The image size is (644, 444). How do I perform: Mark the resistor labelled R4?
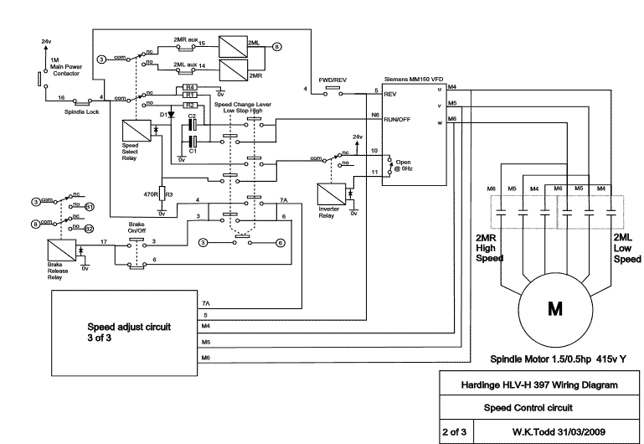tap(190, 86)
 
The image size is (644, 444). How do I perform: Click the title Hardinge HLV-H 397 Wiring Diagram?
tap(540, 385)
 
